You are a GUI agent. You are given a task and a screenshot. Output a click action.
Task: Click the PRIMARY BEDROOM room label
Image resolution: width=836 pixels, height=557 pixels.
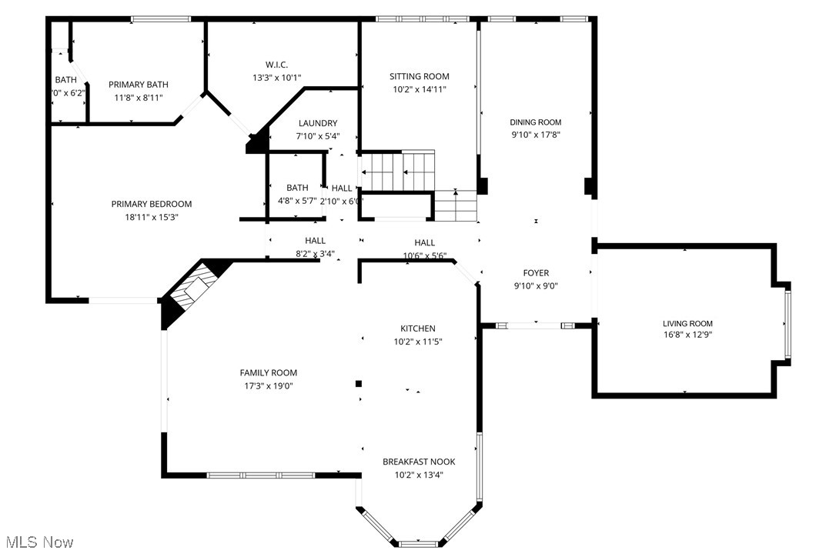[x=152, y=204]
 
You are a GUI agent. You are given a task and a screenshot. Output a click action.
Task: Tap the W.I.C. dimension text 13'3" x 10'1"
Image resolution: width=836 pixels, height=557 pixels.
[x=276, y=78]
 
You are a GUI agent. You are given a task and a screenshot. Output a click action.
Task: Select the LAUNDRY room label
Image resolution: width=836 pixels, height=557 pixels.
[x=318, y=123]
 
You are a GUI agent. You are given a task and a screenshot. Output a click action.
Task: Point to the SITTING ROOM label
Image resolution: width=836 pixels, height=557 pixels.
[x=419, y=76]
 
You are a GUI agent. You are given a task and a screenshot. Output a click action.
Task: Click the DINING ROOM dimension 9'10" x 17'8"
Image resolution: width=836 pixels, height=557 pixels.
[x=535, y=134]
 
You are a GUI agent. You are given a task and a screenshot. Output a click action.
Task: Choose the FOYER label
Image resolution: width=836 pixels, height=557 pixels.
[x=536, y=273]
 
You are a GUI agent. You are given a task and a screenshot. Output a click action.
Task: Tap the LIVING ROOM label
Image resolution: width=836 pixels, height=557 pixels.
[x=687, y=324]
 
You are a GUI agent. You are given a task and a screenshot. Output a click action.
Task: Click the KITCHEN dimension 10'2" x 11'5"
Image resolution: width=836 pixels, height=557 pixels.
[x=418, y=341]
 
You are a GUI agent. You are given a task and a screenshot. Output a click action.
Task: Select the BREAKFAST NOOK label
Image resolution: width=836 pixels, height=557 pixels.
[x=419, y=462]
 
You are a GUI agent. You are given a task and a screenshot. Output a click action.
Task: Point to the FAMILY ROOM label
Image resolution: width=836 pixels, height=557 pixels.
[x=268, y=373]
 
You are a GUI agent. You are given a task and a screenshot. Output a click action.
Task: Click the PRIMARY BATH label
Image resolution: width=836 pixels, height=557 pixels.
[x=139, y=85]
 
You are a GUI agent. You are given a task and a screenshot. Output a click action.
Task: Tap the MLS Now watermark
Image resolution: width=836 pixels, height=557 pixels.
[x=37, y=542]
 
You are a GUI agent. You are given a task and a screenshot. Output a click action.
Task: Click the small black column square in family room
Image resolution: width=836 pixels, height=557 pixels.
[x=358, y=383]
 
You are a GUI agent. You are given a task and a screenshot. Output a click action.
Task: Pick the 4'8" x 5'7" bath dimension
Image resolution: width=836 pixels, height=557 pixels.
[x=297, y=200]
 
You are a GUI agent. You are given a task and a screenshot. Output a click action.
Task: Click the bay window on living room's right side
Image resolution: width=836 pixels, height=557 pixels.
[x=788, y=323]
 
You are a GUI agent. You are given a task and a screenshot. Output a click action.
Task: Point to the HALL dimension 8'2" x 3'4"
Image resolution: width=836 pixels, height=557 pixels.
[x=315, y=253]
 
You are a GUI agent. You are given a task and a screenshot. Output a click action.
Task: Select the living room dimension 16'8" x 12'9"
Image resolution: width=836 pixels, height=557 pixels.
[x=687, y=335]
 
